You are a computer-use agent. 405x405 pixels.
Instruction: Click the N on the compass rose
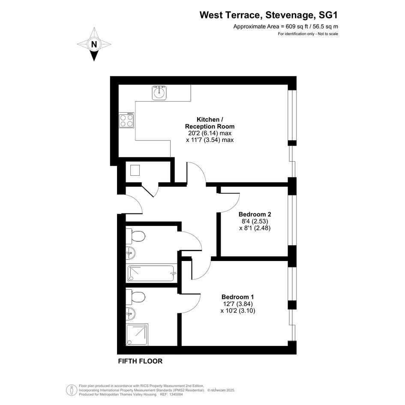[x=94, y=45]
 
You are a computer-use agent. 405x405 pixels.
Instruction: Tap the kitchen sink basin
[x=159, y=93]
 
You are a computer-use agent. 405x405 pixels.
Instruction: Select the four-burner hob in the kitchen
[x=126, y=120]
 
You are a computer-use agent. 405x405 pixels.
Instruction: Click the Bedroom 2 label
[x=255, y=214]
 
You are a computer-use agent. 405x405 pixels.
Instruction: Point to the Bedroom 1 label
[x=237, y=297]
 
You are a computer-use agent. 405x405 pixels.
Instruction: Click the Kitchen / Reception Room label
[x=210, y=123]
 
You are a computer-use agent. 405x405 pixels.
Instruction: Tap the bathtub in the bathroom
[x=151, y=273]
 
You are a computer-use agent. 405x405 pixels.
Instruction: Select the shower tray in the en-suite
[x=137, y=334]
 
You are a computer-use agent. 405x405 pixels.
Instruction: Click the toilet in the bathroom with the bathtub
[x=135, y=236]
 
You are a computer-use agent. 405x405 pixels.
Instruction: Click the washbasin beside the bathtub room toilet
[x=130, y=253]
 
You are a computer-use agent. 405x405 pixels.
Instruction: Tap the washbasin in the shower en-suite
[x=130, y=314]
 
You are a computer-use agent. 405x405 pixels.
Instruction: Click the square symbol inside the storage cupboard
[x=135, y=170]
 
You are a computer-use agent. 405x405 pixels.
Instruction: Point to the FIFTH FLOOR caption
[x=140, y=361]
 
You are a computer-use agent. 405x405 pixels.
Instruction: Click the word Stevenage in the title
[x=290, y=15]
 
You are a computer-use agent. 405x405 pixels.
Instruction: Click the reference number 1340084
[x=175, y=394]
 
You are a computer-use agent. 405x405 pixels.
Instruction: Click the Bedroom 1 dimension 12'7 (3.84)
[x=237, y=304]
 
